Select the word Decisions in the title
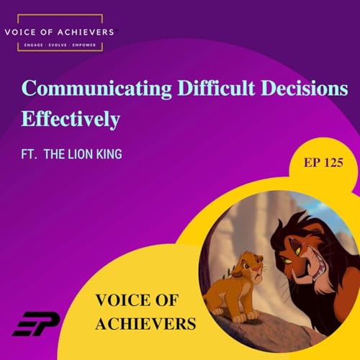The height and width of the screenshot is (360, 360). click(x=305, y=91)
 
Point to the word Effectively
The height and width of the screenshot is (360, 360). click(x=71, y=118)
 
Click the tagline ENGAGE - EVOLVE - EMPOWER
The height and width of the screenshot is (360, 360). click(x=60, y=45)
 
